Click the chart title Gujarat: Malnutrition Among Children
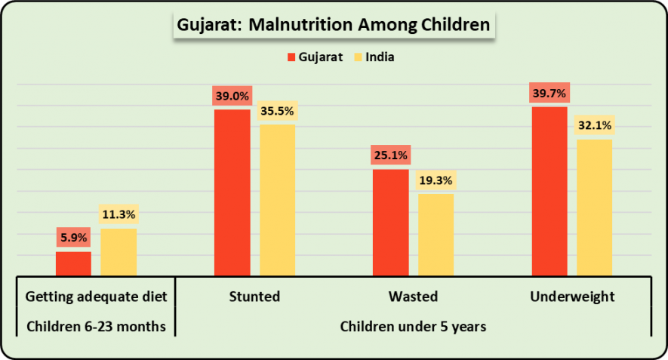click(x=334, y=25)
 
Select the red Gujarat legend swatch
click(x=291, y=57)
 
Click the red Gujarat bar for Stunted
click(x=232, y=192)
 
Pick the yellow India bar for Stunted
click(x=277, y=200)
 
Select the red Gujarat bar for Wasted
click(x=390, y=223)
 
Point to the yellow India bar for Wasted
click(x=436, y=235)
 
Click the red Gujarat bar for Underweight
click(x=549, y=191)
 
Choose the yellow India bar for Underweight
click(x=595, y=208)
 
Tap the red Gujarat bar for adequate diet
click(x=73, y=263)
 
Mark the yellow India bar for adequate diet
click(x=119, y=252)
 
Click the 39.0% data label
click(x=232, y=96)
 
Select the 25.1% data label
click(x=390, y=155)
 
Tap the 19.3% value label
click(x=436, y=181)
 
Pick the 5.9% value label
click(x=73, y=237)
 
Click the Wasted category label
click(x=413, y=297)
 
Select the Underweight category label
click(x=572, y=297)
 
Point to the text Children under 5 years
click(x=413, y=327)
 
